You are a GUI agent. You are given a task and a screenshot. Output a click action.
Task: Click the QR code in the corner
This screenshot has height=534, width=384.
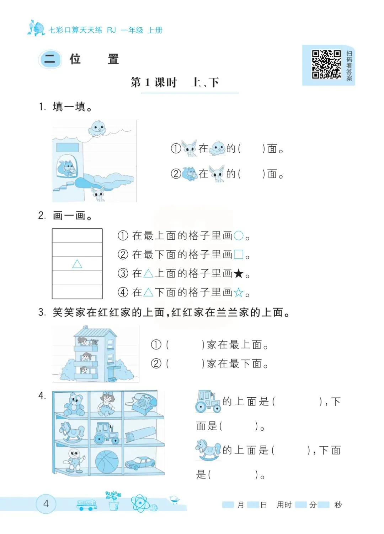point(326,64)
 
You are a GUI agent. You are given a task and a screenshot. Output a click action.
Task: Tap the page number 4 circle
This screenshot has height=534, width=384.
point(46,504)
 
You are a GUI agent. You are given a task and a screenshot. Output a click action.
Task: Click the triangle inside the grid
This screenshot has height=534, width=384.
point(77,264)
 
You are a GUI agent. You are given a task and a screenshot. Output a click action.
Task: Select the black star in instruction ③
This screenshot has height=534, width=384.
point(239,273)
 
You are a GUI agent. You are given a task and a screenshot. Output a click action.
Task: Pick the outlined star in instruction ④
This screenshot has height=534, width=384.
point(239,293)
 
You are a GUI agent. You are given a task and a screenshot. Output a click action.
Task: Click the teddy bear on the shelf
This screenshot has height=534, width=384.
point(74,404)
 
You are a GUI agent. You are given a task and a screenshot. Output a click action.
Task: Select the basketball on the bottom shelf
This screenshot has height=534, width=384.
point(107,462)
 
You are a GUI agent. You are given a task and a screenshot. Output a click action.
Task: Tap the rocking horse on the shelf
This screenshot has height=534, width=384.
point(71,432)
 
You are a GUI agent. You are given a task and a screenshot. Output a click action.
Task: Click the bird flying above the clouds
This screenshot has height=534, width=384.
point(97,128)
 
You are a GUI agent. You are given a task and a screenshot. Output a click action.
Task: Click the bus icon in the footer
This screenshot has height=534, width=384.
point(87,505)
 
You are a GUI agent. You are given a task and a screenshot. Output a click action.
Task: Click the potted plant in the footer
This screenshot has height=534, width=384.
point(114,500)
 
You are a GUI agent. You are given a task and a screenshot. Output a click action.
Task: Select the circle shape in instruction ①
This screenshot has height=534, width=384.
point(239,235)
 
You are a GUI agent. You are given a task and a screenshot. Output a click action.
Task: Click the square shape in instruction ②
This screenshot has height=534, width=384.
point(239,254)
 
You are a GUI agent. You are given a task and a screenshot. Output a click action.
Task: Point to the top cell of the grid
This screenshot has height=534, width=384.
point(77,235)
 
